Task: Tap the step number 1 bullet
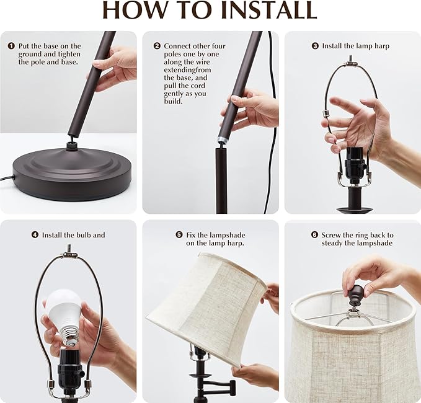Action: [x=11, y=46]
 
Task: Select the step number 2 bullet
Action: [x=157, y=46]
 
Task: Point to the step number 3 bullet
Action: [x=315, y=46]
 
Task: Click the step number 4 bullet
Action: [x=35, y=235]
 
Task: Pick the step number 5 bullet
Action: [x=179, y=235]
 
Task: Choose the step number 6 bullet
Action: [x=315, y=235]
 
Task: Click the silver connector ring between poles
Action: [x=223, y=139]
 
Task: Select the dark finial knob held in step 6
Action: [x=354, y=294]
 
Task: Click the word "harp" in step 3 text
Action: [x=382, y=46]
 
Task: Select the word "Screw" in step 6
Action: [x=331, y=235]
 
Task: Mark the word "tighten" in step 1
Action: [x=69, y=54]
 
